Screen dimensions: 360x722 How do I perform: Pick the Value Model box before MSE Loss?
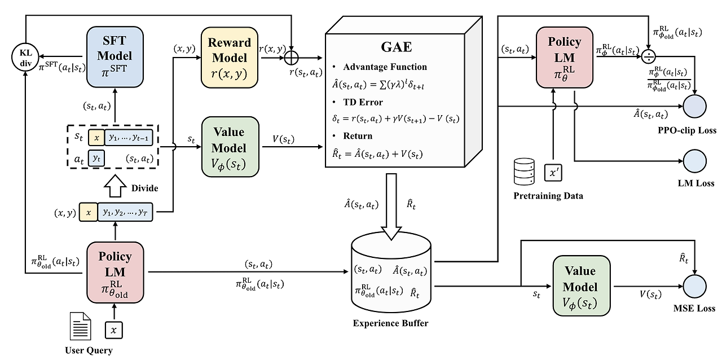click(582, 286)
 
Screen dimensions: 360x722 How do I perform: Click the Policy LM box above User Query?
click(115, 271)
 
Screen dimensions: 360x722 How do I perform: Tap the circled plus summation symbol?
click(291, 58)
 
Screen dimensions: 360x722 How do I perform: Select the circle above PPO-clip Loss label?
click(695, 106)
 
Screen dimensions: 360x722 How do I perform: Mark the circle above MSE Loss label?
click(695, 286)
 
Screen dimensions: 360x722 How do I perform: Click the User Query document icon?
click(80, 326)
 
